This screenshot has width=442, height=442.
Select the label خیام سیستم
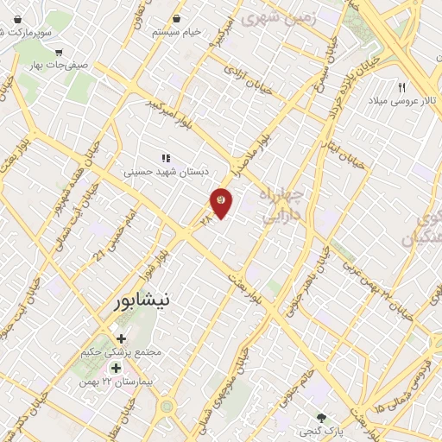tap(177, 31)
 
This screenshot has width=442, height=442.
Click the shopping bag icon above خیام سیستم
tap(177, 17)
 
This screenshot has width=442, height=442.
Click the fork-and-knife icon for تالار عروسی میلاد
tap(401, 88)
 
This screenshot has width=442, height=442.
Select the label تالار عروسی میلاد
tap(400, 102)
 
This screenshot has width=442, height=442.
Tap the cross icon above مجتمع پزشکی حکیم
tap(121, 338)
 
